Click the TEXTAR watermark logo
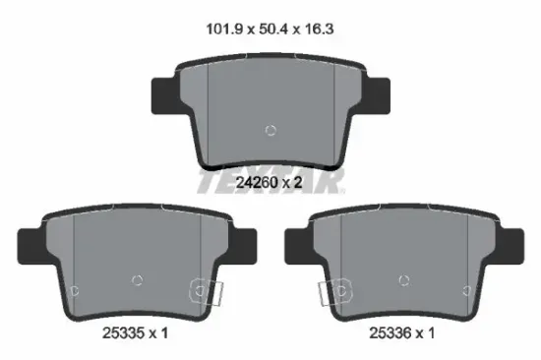pyautogui.click(x=270, y=181)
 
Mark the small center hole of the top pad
pyautogui.click(x=272, y=130)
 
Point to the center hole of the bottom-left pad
pyautogui.click(x=138, y=280)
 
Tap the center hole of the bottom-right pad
pyautogui.click(x=403, y=280)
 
